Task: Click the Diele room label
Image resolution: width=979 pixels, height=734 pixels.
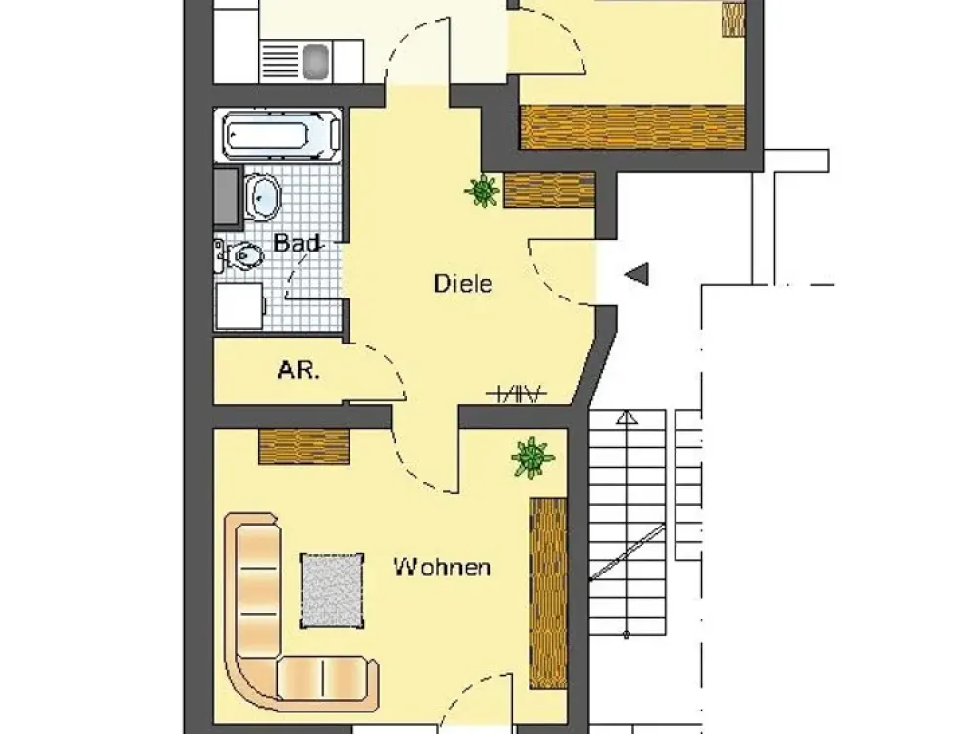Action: click(463, 284)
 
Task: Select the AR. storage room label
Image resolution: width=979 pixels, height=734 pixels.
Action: click(299, 371)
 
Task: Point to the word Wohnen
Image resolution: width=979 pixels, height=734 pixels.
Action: click(443, 568)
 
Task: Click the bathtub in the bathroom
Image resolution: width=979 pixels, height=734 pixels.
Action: click(277, 135)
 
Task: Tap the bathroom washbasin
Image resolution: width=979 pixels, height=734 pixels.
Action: click(261, 198)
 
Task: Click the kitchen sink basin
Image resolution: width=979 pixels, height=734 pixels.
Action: click(316, 61)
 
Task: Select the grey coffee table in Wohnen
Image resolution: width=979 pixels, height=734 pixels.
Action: click(332, 590)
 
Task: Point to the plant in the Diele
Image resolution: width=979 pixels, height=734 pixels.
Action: click(483, 191)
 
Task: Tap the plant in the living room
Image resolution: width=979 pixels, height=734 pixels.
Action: click(533, 457)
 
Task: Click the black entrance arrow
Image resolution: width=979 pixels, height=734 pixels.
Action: click(636, 274)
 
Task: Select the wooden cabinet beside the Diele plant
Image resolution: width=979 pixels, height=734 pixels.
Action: click(549, 191)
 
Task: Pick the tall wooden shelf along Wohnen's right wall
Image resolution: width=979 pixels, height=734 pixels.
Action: click(548, 593)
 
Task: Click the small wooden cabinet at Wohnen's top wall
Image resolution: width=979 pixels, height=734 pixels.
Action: click(304, 446)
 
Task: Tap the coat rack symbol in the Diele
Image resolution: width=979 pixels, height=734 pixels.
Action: click(517, 393)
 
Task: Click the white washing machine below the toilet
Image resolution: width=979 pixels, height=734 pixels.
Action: click(241, 305)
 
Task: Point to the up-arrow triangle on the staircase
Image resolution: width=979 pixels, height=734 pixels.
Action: click(626, 417)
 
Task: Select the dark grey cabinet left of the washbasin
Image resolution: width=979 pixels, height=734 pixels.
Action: click(227, 196)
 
